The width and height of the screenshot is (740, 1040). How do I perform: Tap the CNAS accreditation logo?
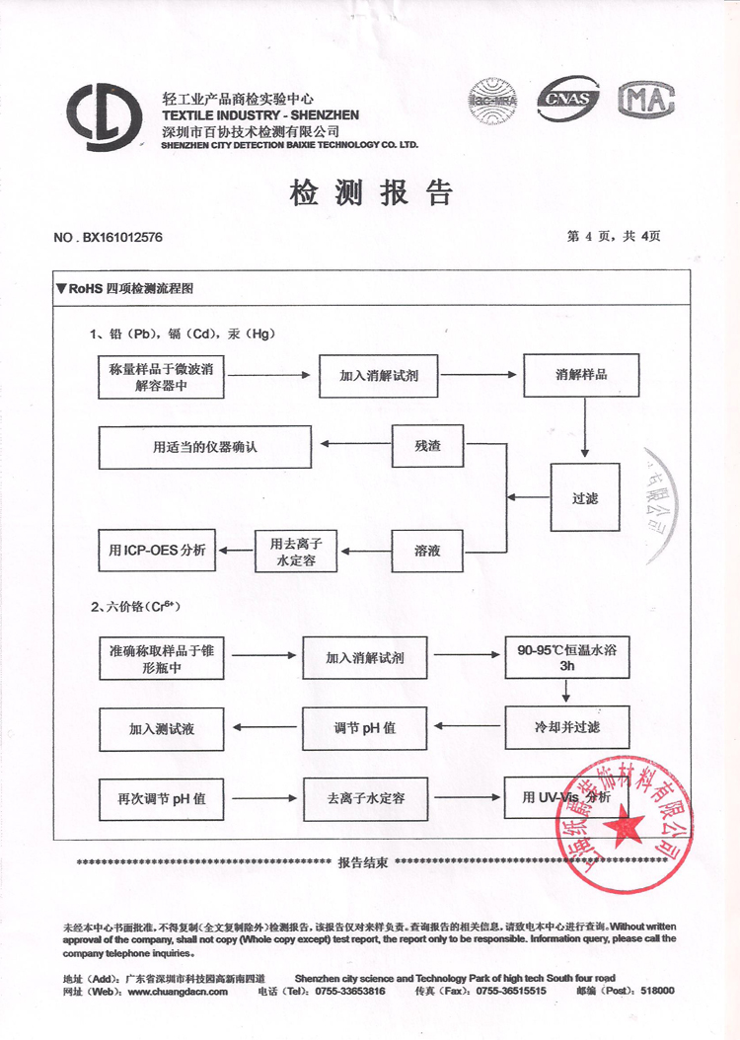[x=564, y=98]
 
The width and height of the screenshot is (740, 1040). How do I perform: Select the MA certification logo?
[x=646, y=99]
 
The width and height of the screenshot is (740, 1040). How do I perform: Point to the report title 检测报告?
[x=370, y=192]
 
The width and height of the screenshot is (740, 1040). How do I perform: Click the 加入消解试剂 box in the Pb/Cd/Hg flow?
[x=378, y=375]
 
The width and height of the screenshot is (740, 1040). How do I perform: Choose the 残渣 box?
[x=428, y=447]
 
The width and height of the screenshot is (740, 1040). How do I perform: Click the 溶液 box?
[x=428, y=551]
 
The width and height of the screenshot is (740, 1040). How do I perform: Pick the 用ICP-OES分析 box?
[x=159, y=551]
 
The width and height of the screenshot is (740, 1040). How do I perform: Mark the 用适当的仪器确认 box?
[x=205, y=447]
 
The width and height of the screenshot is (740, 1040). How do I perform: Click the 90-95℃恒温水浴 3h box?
[x=566, y=658]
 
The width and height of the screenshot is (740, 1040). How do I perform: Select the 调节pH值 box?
[x=365, y=728]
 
